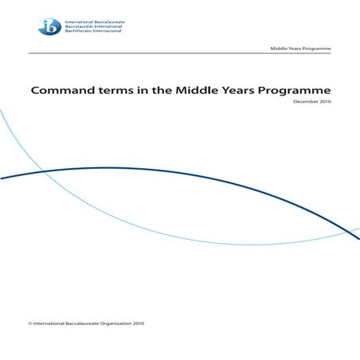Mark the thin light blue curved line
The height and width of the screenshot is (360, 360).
(239, 244)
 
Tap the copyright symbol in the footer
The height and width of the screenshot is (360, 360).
(29, 323)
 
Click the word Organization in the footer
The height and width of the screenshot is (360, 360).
(112, 323)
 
